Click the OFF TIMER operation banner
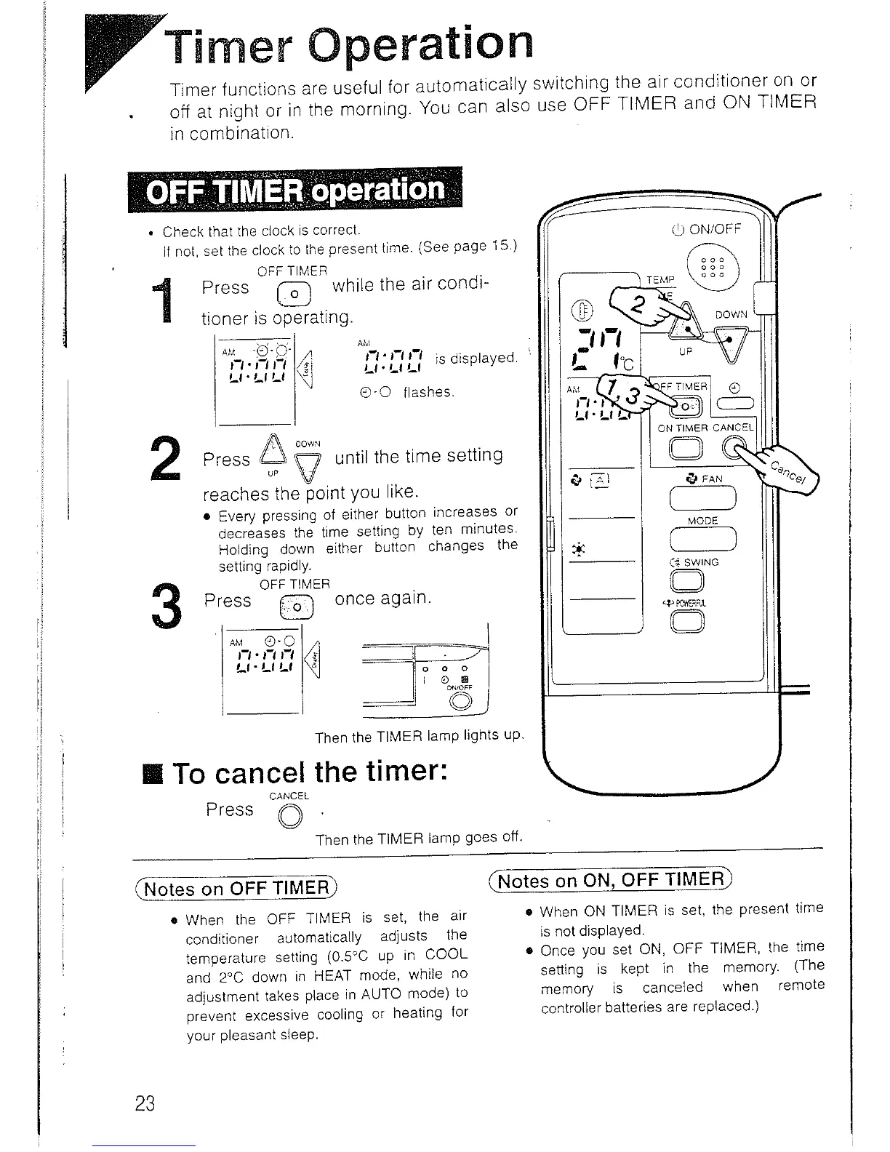[294, 191]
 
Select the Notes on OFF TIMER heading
[237, 888]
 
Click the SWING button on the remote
[689, 580]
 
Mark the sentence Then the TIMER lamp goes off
[420, 839]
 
